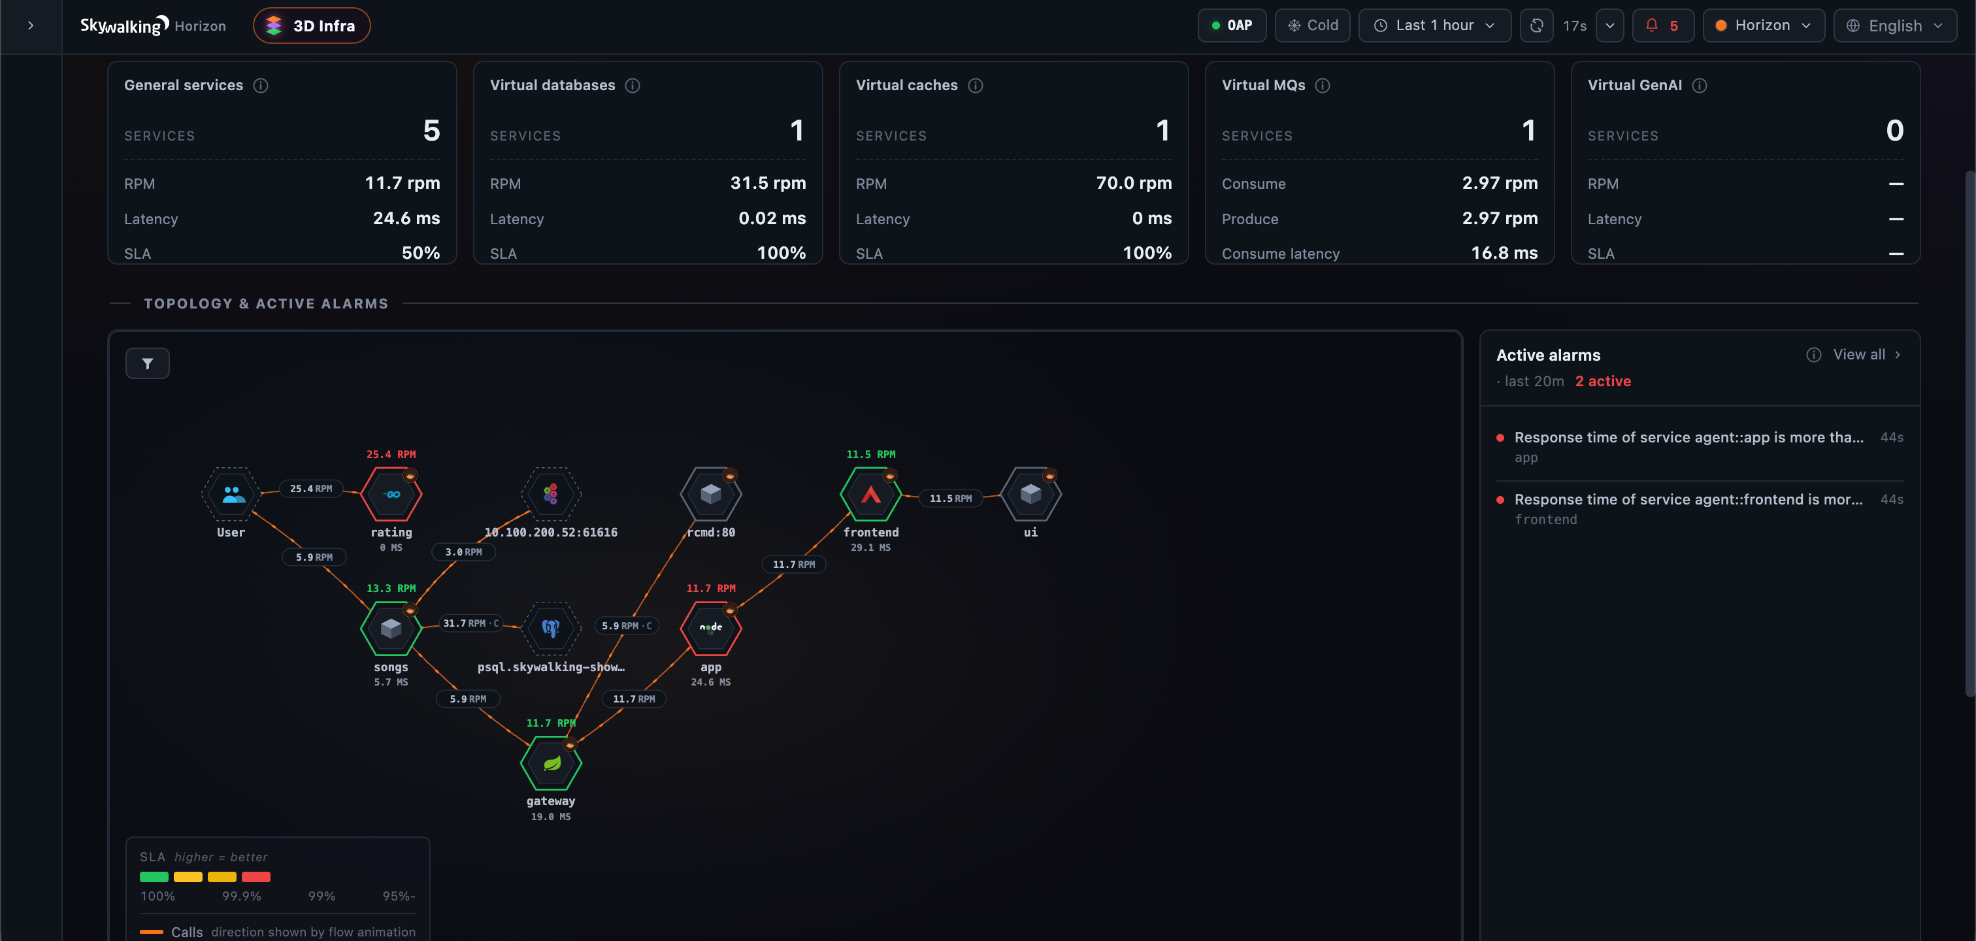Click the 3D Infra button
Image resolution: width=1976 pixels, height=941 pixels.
(x=312, y=25)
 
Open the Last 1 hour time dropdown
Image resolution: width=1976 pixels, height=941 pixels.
(x=1434, y=25)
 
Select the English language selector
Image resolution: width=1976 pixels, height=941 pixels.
(x=1895, y=25)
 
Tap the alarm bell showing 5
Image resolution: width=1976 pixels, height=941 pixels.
(x=1662, y=25)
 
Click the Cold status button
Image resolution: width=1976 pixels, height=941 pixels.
(x=1313, y=25)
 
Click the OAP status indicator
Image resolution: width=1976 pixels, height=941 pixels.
(x=1232, y=25)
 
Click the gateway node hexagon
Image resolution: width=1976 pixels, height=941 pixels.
(x=551, y=763)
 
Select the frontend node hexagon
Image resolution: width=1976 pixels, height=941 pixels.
(x=870, y=495)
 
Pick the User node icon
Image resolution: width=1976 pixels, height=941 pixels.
(x=232, y=495)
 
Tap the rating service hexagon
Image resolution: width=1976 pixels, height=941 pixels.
(x=391, y=495)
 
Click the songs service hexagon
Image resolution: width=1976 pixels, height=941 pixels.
(x=391, y=629)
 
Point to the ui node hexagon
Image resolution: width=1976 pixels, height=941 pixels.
(x=1031, y=495)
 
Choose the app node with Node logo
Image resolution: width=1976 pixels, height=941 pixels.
(x=711, y=629)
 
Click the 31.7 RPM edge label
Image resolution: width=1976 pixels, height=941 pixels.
(x=471, y=623)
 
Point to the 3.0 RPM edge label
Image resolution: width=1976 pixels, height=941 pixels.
(x=464, y=552)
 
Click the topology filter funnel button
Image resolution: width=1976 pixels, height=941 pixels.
(x=147, y=363)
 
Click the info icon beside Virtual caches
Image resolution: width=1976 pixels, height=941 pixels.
(x=975, y=85)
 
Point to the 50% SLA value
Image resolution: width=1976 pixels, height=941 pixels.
(x=421, y=253)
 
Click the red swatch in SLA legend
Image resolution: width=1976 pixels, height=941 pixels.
(x=256, y=876)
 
